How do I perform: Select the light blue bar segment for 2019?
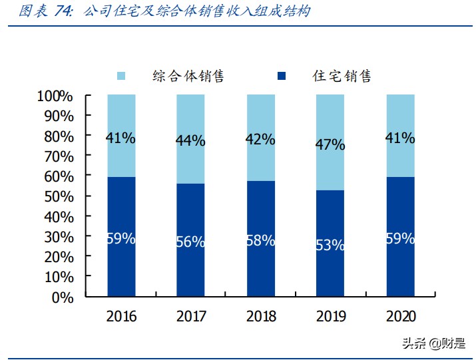pos(330,166)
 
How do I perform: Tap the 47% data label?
pos(330,144)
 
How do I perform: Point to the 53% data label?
pos(330,245)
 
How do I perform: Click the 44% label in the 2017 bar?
pos(190,140)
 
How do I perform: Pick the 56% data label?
pos(190,242)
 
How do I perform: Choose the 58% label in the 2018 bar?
pos(260,241)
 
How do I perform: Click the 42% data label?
pos(260,139)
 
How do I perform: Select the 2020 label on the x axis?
pos(400,316)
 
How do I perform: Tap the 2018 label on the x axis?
pos(260,316)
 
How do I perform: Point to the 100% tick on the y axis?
pos(55,96)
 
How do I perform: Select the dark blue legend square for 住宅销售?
pos(281,77)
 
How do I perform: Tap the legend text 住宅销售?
pos(342,77)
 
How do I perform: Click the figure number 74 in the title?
pos(66,11)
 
